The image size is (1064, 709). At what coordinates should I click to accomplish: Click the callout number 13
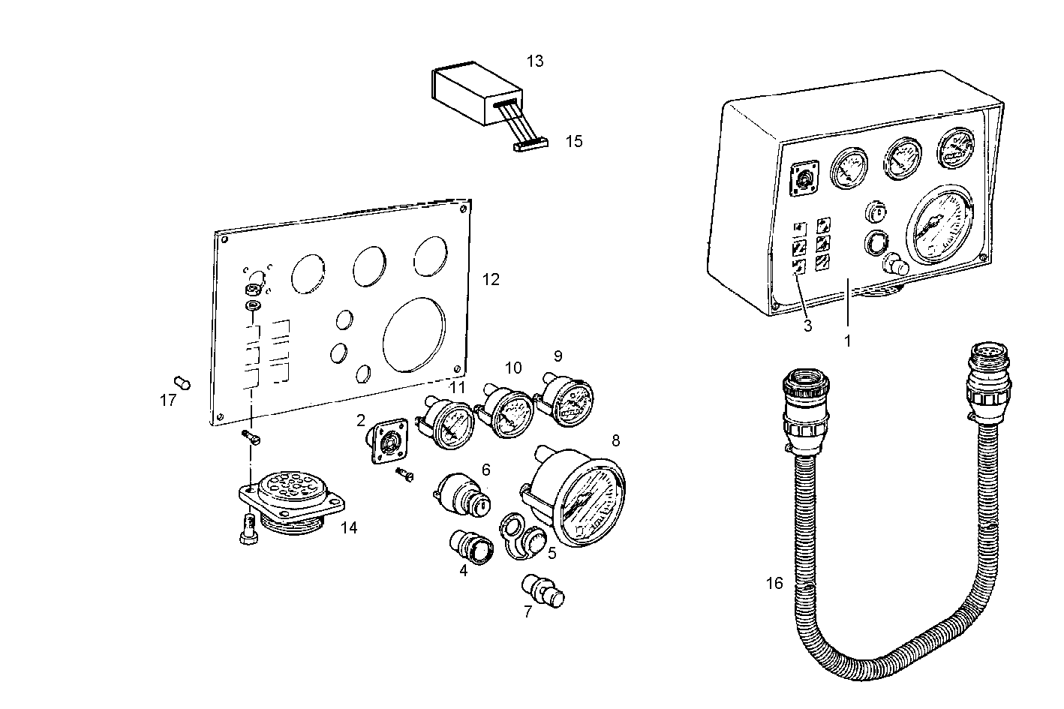tap(534, 61)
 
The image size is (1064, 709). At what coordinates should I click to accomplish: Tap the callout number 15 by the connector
tap(573, 141)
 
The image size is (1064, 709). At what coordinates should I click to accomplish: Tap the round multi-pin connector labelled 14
tap(290, 503)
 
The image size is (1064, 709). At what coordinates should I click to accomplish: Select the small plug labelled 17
tap(182, 383)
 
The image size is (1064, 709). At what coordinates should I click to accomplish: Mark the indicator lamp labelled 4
tap(470, 545)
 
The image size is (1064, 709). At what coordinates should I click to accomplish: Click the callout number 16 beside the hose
tap(774, 583)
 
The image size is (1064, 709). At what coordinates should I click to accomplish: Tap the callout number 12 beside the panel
tap(491, 279)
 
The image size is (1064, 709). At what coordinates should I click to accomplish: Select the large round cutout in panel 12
tap(414, 333)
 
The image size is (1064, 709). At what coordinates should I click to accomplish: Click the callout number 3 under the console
tap(807, 326)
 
